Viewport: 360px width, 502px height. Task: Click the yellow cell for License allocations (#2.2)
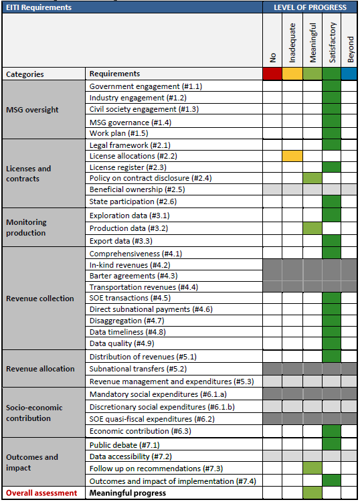(292, 156)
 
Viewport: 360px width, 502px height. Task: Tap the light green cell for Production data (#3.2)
(312, 228)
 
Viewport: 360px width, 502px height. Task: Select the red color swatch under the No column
(272, 74)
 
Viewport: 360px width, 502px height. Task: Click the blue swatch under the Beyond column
(349, 74)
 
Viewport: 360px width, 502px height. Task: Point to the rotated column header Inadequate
(292, 43)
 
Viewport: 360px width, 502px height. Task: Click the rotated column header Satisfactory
(333, 42)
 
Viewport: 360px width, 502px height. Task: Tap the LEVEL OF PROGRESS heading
(310, 7)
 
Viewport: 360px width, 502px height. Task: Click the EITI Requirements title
(39, 7)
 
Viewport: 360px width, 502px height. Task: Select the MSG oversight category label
(32, 110)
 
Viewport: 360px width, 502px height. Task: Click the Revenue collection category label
(40, 299)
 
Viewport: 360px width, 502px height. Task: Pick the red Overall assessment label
(41, 493)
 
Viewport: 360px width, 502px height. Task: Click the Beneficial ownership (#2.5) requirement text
(137, 189)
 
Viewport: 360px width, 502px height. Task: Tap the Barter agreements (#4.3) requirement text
(133, 276)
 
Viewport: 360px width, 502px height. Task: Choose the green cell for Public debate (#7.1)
(332, 444)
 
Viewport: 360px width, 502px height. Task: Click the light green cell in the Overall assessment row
(312, 493)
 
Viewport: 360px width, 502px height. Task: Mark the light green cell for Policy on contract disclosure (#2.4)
(312, 178)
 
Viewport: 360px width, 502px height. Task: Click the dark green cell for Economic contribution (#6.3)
(332, 431)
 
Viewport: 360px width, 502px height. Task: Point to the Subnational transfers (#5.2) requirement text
(138, 369)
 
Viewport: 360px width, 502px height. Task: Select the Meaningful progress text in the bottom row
(128, 493)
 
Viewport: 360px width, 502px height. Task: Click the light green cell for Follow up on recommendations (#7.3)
(312, 468)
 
